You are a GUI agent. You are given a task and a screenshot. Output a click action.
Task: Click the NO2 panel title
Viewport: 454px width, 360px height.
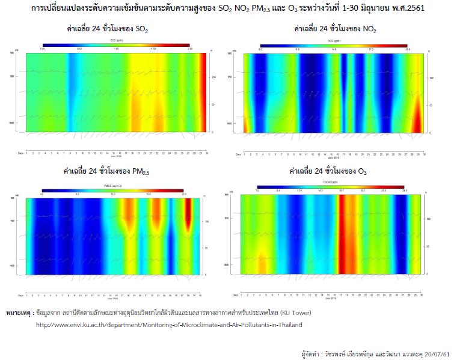tap(334, 28)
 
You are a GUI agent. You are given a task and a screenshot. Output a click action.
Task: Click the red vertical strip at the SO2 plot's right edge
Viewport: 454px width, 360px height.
tap(203, 90)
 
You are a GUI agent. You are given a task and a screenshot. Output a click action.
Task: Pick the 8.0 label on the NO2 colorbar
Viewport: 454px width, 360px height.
tap(260, 49)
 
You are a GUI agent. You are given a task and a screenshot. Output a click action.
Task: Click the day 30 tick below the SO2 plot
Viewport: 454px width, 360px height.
tap(207, 154)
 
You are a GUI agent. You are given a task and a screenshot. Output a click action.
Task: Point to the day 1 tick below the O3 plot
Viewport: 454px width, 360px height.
tap(241, 295)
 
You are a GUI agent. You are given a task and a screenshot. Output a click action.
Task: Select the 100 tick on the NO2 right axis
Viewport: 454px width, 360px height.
tap(431, 78)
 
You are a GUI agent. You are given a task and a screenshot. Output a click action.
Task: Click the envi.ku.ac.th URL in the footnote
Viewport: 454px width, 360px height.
tap(169, 325)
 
